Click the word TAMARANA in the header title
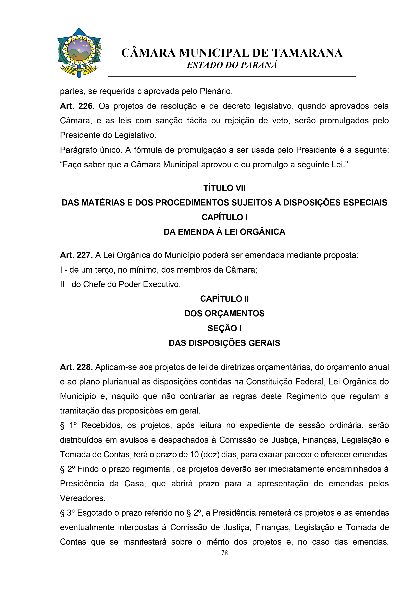point(307,53)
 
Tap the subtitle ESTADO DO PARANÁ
point(232,65)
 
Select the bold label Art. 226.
point(77,106)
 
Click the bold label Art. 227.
point(76,255)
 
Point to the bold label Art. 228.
point(76,367)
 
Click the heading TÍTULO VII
point(224,188)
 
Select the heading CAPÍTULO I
point(224,217)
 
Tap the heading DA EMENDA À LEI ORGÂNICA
point(224,232)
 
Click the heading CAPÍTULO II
point(224,299)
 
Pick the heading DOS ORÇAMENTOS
point(224,313)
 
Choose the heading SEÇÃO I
point(224,328)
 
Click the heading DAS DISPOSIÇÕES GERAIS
point(224,343)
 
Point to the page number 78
point(224,553)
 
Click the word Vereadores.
point(83,498)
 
